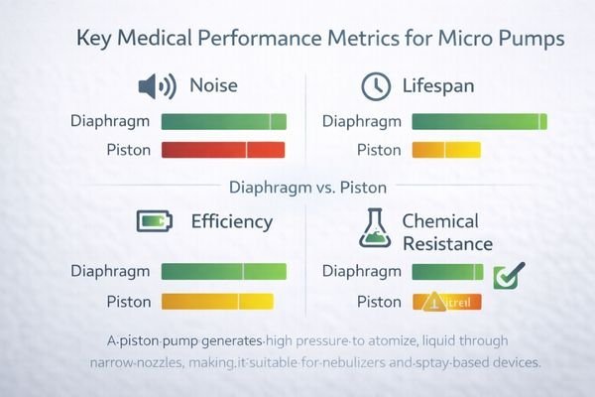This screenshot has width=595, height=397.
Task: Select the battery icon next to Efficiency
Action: click(155, 220)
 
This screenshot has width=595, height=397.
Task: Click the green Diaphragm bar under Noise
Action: click(223, 122)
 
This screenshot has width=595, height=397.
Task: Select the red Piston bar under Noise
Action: click(223, 150)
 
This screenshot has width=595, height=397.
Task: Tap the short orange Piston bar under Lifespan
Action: click(445, 150)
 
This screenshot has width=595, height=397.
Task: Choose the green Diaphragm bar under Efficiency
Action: click(223, 271)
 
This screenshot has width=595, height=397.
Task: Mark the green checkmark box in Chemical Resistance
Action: click(508, 274)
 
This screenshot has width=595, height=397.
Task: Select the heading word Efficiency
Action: click(231, 221)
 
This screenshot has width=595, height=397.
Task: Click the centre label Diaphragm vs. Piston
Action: click(297, 186)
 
